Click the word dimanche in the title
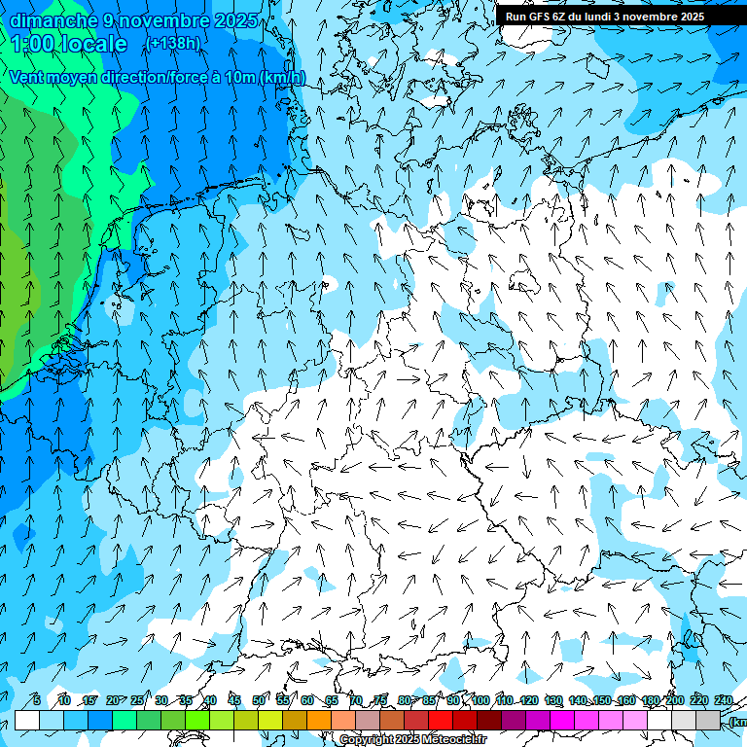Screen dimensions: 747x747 click(x=53, y=20)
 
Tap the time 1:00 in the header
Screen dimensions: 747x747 click(x=32, y=44)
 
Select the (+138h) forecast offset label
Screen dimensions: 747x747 click(x=172, y=44)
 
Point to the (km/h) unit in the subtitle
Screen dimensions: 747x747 click(x=282, y=77)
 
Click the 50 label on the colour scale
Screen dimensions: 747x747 click(x=259, y=700)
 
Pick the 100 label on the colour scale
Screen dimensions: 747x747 click(x=480, y=700)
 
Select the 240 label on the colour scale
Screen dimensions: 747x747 click(x=723, y=700)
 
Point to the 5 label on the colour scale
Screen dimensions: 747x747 click(x=37, y=700)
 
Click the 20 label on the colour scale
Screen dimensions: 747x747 click(x=112, y=700)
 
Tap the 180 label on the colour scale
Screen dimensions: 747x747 click(x=651, y=700)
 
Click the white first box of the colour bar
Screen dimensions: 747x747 click(x=27, y=720)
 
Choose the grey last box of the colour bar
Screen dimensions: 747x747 click(x=709, y=720)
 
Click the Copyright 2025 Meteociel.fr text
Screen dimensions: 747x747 click(x=412, y=739)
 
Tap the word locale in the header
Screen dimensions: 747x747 click(x=92, y=44)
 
